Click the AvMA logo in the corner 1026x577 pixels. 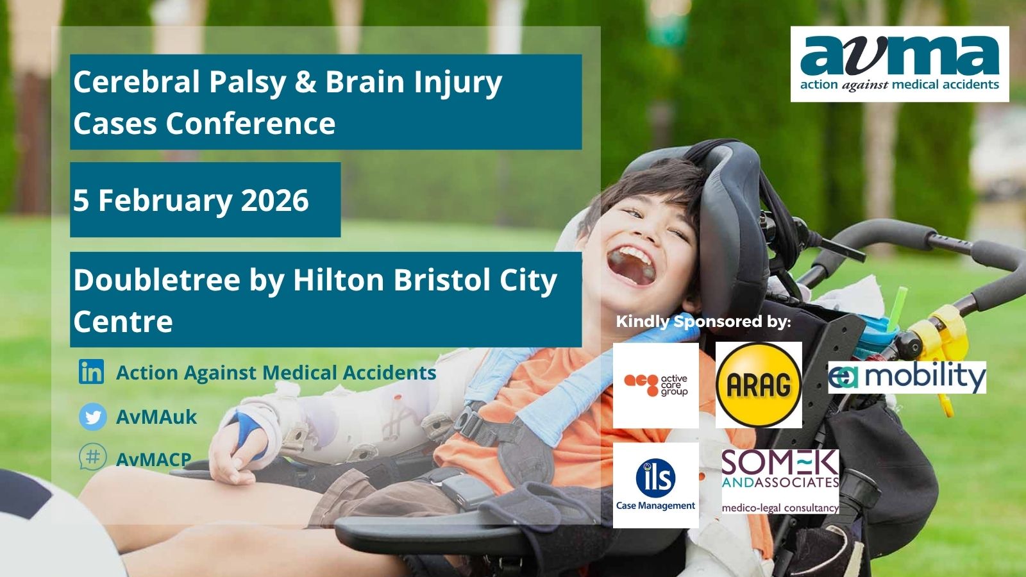pos(900,64)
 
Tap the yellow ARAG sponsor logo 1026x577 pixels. pos(759,385)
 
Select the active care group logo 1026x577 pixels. pos(656,385)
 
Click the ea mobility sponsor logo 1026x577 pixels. pos(907,378)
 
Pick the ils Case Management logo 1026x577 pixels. pos(656,485)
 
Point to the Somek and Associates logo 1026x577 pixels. pos(780,481)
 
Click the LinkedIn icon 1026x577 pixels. pos(91,371)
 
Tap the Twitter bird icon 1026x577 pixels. pos(92,417)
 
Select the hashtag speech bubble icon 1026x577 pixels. pos(92,456)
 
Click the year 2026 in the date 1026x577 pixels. pos(275,200)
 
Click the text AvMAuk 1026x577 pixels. pos(156,417)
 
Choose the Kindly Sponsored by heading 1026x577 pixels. pos(703,321)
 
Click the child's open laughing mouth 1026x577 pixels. pos(631,266)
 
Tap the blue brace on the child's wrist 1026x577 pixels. pos(248,433)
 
